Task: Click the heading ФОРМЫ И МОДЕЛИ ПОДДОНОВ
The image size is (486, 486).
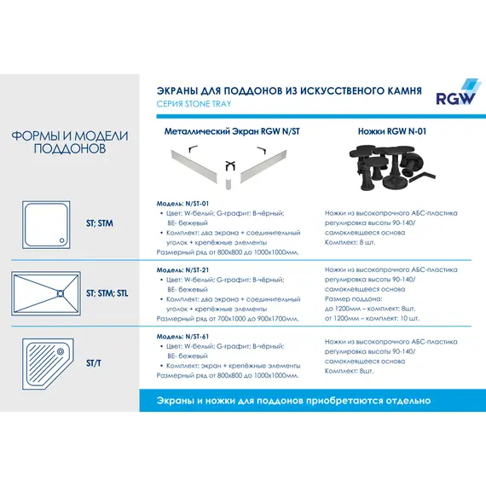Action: [70, 142]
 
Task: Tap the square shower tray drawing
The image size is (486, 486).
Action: [52, 223]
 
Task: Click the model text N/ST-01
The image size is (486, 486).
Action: [178, 203]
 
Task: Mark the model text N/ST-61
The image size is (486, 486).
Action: [178, 336]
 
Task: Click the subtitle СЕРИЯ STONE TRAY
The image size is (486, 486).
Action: [194, 104]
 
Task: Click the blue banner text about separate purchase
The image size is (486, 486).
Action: [293, 400]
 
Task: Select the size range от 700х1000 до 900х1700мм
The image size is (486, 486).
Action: [229, 318]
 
